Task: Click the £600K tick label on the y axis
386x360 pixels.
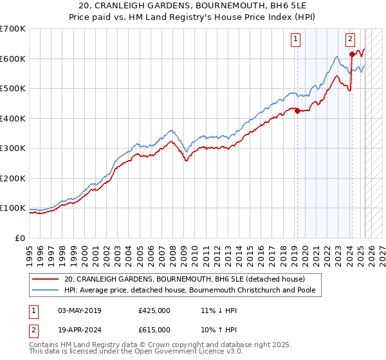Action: tap(12, 59)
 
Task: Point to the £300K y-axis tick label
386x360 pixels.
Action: tap(12, 148)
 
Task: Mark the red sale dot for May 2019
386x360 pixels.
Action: tap(297, 111)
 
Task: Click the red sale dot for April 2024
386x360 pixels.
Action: tap(352, 54)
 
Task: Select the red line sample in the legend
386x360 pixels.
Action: tap(45, 279)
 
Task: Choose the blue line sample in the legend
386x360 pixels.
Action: tap(45, 290)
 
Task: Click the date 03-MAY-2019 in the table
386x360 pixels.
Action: tap(80, 310)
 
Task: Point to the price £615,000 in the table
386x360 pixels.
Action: tap(154, 328)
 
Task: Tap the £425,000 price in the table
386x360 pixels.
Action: tap(154, 310)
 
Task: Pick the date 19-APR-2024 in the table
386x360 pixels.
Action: tap(80, 328)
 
